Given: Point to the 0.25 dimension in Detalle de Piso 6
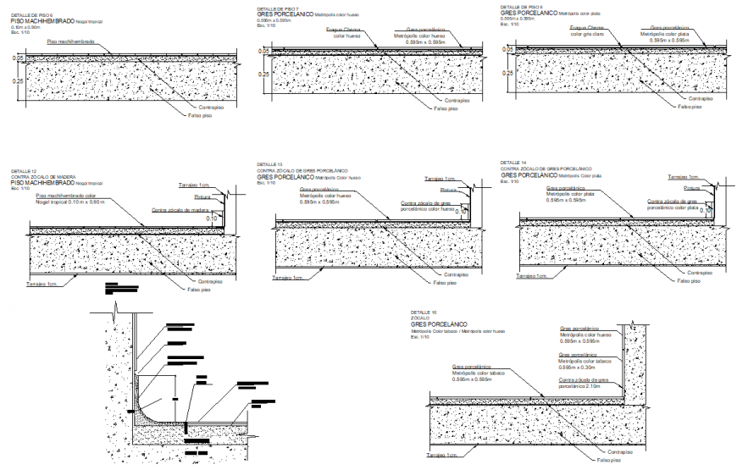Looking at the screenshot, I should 18,80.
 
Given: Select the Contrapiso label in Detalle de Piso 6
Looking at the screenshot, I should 210,107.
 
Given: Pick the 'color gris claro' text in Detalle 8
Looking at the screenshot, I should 587,35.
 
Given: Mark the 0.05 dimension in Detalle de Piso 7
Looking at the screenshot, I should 263,52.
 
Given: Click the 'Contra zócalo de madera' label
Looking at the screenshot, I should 180,209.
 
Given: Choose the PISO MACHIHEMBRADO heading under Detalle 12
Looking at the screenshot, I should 42,182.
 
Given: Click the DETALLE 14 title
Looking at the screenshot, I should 513,162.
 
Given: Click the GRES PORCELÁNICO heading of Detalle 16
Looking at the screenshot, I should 439,324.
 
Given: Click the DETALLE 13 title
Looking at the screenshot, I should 269,163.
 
